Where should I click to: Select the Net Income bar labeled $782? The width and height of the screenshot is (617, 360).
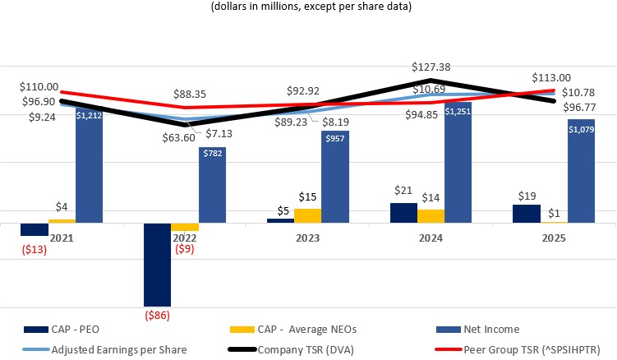212,185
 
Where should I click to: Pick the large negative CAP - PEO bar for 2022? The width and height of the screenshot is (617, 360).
157,264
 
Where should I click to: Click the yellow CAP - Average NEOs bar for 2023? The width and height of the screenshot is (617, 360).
307,215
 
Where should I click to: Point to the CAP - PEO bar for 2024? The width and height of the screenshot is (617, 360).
403,212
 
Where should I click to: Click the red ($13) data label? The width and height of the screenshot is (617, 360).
35,249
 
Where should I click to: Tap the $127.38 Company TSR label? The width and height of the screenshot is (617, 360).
433,67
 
